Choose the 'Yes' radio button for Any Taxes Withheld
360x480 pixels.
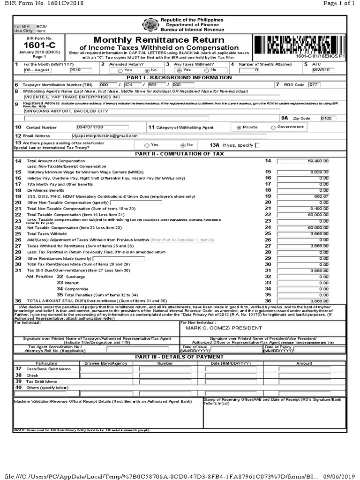click(x=180, y=70)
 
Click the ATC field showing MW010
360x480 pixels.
click(x=323, y=70)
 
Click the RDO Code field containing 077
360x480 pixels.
click(x=314, y=85)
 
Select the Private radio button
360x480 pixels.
click(x=239, y=127)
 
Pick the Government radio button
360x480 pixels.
click(x=273, y=127)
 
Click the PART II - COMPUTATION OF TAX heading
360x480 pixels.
click(x=180, y=154)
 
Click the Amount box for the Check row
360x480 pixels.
click(x=304, y=375)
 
